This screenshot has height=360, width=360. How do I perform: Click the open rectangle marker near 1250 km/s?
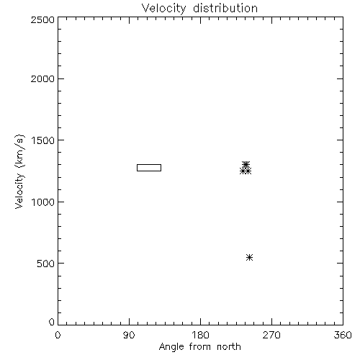click(149, 165)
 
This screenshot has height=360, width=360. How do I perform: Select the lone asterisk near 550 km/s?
click(250, 257)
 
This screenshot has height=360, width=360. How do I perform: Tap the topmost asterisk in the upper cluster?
click(246, 164)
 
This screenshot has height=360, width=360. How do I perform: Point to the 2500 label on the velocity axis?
click(42, 19)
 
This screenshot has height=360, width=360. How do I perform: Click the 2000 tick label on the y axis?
click(42, 78)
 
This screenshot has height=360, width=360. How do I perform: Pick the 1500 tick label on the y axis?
click(43, 140)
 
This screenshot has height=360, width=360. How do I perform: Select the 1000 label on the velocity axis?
click(43, 202)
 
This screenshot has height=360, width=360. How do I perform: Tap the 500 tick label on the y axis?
click(46, 264)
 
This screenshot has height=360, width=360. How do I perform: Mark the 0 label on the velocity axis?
click(52, 322)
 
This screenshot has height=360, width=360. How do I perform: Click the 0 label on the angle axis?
click(58, 335)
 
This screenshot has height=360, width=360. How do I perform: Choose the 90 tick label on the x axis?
click(129, 335)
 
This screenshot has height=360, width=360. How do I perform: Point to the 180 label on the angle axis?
click(200, 335)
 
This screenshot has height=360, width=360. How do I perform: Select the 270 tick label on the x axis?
click(271, 335)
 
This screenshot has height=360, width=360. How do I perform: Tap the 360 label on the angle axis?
click(343, 335)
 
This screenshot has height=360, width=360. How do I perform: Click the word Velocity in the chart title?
click(164, 9)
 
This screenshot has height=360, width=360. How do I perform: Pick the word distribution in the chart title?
click(225, 8)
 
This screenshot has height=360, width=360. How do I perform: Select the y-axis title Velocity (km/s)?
click(19, 171)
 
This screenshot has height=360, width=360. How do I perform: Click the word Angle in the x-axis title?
click(171, 347)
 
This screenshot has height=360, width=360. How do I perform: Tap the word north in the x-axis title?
click(229, 347)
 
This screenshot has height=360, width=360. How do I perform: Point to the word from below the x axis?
click(200, 347)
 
